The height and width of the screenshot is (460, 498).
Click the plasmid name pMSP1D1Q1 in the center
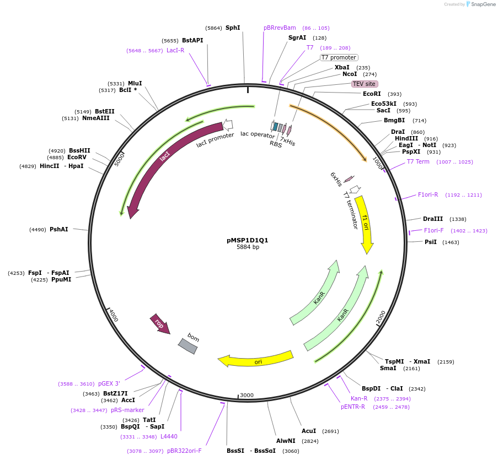click(248, 240)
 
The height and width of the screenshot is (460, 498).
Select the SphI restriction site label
click(233, 28)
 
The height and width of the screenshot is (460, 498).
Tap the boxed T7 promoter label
click(339, 57)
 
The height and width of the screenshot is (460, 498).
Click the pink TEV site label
click(365, 84)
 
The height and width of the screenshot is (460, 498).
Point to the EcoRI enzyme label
click(372, 94)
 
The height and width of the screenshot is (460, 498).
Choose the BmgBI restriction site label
click(394, 120)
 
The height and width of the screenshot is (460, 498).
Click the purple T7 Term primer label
click(418, 161)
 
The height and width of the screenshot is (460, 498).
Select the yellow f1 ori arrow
click(365, 223)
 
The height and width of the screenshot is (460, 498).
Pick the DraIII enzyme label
click(433, 219)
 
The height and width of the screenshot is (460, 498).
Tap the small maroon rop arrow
click(160, 324)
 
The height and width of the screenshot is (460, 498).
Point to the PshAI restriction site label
click(59, 229)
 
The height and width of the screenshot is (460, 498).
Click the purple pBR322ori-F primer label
click(184, 451)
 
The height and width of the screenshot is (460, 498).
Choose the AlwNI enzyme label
click(286, 441)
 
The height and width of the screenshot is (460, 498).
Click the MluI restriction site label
click(135, 83)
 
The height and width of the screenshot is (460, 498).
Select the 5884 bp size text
click(248, 247)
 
